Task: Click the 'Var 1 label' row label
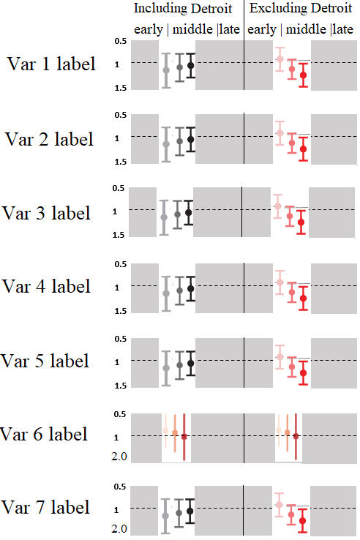point(51,64)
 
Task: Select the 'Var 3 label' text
point(47,213)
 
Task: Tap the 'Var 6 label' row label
point(45,434)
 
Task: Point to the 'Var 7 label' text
point(45,507)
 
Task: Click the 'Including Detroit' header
point(183,9)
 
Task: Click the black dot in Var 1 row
point(191,65)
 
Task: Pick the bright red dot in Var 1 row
point(304,75)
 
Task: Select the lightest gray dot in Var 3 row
point(164,217)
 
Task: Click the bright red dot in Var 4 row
point(304,299)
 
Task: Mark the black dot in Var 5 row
point(191,363)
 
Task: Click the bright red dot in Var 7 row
point(304,521)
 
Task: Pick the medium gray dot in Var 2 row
point(179,141)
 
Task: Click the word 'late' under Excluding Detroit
point(342,29)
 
